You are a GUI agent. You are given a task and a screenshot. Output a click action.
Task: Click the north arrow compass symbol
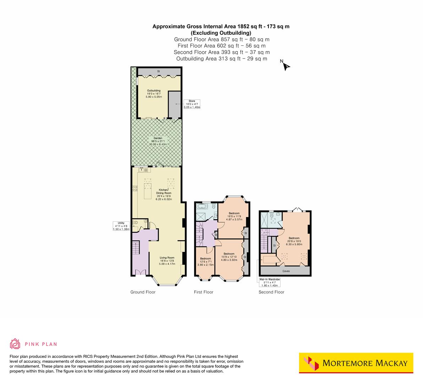286,66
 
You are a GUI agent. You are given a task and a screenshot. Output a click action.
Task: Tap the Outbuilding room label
154,94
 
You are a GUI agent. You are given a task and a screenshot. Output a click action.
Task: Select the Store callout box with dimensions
192,104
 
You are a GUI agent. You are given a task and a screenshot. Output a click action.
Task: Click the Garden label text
158,141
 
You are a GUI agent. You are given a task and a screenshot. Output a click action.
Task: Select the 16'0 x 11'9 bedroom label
234,216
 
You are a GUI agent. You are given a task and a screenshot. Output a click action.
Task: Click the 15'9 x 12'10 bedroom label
229,257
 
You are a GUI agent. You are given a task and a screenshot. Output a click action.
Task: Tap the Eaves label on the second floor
286,271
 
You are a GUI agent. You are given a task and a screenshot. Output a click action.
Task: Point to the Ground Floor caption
143,292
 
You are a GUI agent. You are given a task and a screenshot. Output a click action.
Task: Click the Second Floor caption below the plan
271,292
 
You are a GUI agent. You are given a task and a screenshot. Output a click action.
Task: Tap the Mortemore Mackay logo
356,363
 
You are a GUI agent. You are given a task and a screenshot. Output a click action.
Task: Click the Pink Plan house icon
15,344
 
